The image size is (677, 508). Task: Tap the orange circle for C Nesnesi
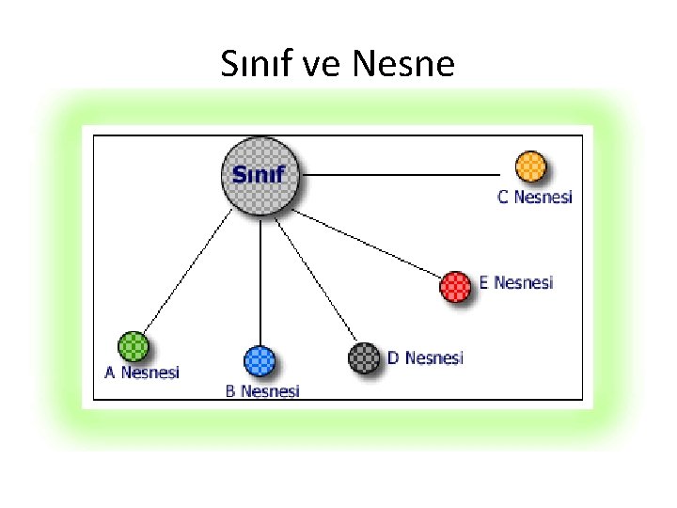pyautogui.click(x=531, y=167)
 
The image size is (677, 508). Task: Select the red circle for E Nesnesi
pyautogui.click(x=456, y=286)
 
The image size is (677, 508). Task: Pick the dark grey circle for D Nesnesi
pyautogui.click(x=363, y=357)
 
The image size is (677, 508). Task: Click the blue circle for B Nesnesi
pyautogui.click(x=260, y=361)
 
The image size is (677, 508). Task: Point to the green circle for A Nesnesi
pyautogui.click(x=133, y=346)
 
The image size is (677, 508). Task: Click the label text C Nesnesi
pyautogui.click(x=534, y=198)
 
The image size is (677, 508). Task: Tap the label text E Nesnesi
pyautogui.click(x=516, y=282)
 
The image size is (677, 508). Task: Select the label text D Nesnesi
pyautogui.click(x=425, y=357)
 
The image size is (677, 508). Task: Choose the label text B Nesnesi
pyautogui.click(x=262, y=390)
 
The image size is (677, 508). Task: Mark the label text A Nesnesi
pyautogui.click(x=141, y=372)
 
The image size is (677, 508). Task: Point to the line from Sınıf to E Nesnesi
pyautogui.click(x=371, y=246)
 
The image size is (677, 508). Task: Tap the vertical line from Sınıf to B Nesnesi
pyautogui.click(x=260, y=282)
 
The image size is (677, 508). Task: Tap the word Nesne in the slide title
pyautogui.click(x=404, y=65)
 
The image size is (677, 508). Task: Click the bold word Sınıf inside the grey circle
pyautogui.click(x=259, y=175)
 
